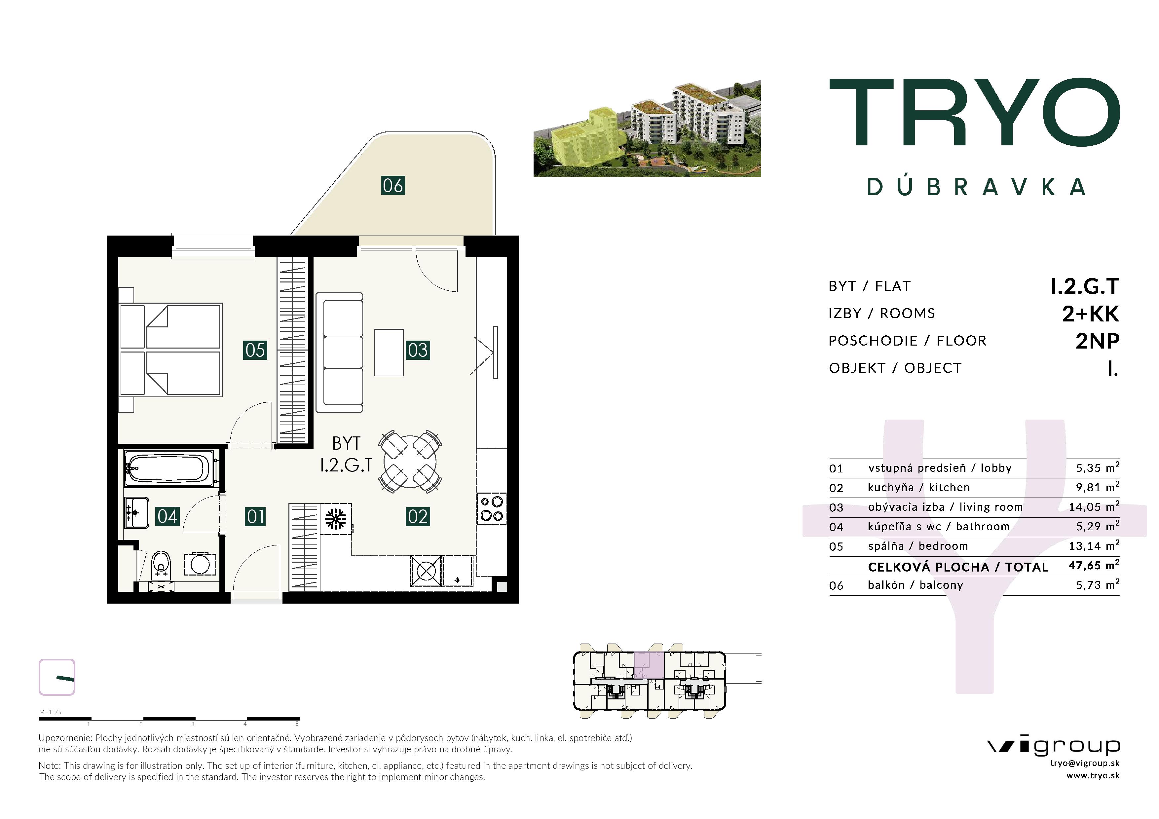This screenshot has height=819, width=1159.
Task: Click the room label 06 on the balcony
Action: (393, 185)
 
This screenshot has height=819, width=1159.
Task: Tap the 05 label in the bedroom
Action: (255, 350)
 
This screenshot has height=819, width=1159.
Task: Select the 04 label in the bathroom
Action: (167, 516)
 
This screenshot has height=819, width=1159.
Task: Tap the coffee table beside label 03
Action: (389, 352)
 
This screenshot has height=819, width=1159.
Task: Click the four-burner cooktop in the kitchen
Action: (492, 509)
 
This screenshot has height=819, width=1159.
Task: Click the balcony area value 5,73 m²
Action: (1098, 584)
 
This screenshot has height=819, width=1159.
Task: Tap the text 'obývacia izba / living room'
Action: (945, 507)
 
